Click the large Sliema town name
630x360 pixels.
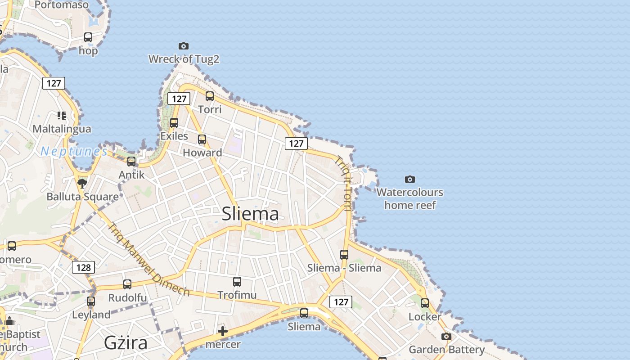[250, 214]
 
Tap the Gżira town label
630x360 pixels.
[126, 343]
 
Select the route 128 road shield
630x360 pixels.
[83, 268]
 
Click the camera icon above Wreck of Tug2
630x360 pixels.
[183, 46]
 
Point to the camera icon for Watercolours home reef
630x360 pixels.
[409, 179]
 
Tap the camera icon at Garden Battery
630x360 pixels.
[446, 336]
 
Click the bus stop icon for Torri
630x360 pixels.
[210, 96]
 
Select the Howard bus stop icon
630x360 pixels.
[202, 139]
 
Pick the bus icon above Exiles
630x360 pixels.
[174, 122]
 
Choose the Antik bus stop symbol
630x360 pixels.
[131, 161]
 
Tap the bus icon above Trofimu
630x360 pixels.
[237, 282]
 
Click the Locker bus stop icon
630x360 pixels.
[425, 303]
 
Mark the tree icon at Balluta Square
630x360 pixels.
[82, 183]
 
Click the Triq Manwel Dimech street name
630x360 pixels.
[148, 260]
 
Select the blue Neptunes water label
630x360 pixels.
[74, 151]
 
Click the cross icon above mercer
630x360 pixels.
[222, 332]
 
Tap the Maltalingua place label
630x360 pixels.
[62, 129]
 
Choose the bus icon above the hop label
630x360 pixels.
[88, 37]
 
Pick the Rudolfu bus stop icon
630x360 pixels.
[127, 284]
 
